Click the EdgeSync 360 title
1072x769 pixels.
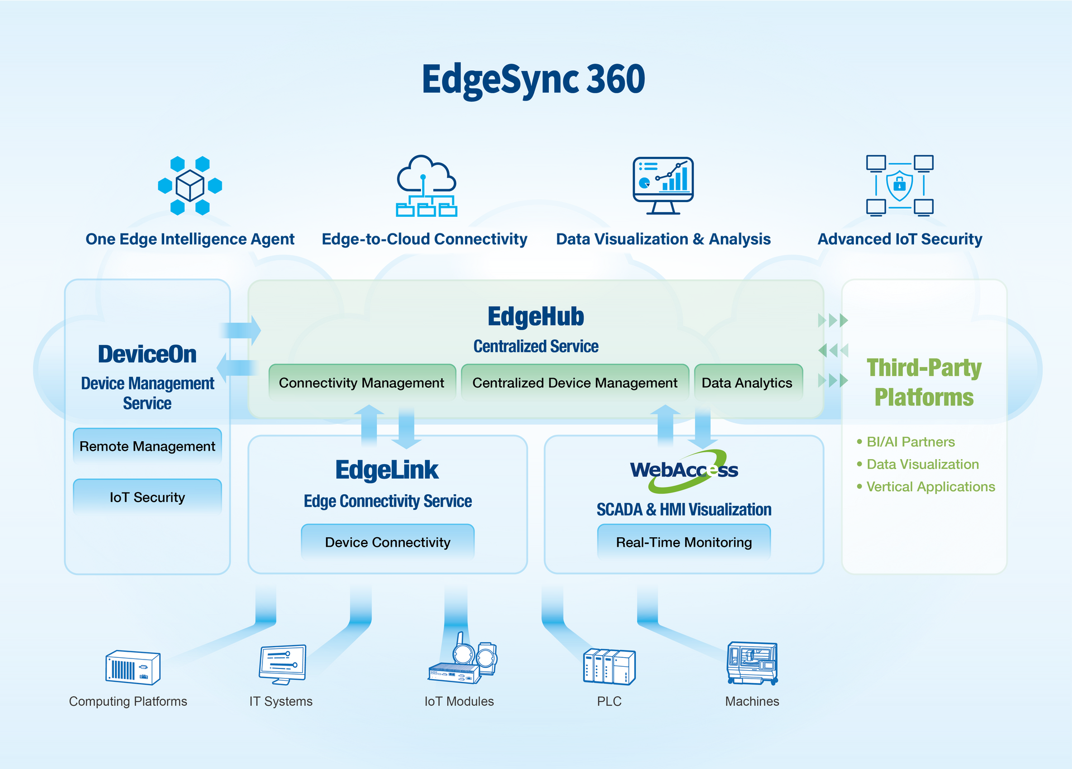click(533, 79)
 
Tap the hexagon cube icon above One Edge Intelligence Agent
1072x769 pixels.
click(190, 185)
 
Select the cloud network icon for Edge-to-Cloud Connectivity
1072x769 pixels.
click(427, 185)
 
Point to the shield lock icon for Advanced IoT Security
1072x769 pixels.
click(899, 185)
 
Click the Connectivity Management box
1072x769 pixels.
click(362, 383)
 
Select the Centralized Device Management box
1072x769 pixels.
click(575, 383)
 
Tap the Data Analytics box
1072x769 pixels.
click(748, 383)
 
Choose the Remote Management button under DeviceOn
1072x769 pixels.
click(147, 446)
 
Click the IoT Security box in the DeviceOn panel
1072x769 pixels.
click(147, 497)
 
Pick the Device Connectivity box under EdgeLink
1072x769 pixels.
click(387, 542)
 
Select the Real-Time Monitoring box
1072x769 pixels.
click(684, 542)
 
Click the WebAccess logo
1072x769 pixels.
click(684, 471)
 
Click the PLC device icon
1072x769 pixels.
click(609, 667)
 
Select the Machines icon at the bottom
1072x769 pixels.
click(753, 663)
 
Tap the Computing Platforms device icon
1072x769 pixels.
click(133, 667)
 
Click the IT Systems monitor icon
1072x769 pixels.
click(283, 665)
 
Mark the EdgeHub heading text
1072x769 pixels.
click(536, 317)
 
